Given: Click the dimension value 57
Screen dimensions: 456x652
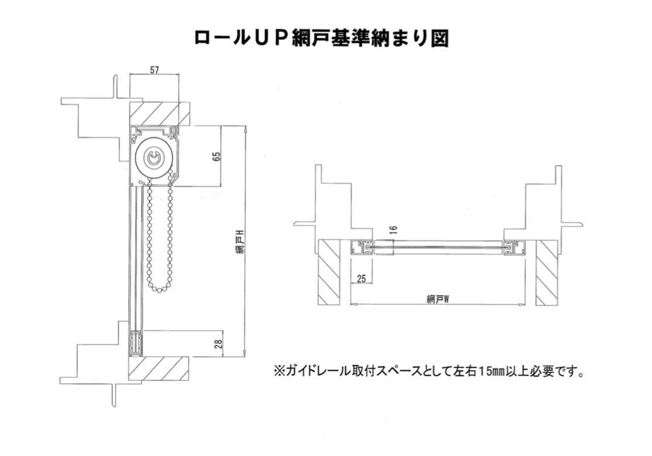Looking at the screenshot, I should (154, 70).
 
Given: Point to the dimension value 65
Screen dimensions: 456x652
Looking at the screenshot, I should (216, 156).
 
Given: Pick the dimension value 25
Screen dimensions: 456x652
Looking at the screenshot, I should (361, 280).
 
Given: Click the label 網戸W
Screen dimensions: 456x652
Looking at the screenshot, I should (438, 299).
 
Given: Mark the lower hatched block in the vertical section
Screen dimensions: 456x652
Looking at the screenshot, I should (159, 367).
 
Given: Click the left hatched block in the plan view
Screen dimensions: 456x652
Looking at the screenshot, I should (329, 272).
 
